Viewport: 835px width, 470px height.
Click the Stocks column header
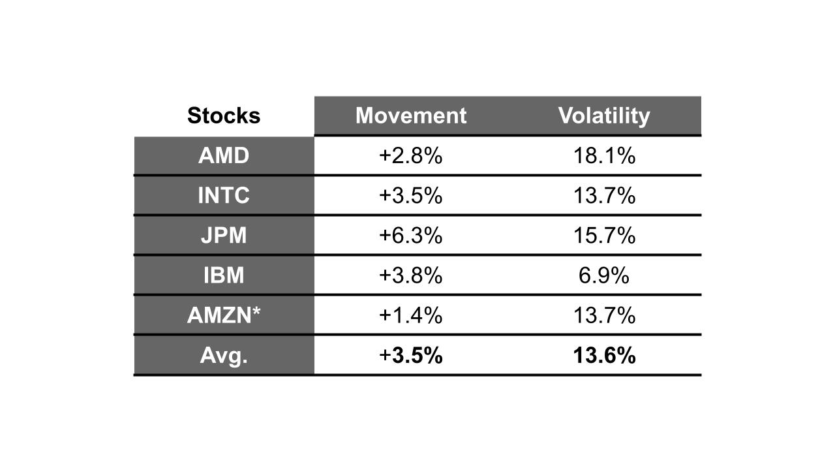(x=224, y=116)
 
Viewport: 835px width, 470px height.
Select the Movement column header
(x=411, y=116)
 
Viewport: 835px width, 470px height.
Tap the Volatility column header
(x=604, y=116)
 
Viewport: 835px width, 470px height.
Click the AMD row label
(x=224, y=156)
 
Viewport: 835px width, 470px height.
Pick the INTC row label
(x=224, y=196)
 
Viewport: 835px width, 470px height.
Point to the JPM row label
(x=224, y=236)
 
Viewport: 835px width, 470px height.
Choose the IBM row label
(x=224, y=275)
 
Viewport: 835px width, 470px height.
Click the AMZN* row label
(x=224, y=315)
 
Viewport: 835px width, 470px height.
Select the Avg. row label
(x=224, y=356)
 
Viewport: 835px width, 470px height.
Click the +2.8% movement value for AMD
(x=411, y=156)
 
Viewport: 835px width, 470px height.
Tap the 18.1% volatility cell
(x=604, y=156)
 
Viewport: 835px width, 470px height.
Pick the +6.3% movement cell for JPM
(x=411, y=236)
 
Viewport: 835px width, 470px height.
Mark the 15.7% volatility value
(x=604, y=236)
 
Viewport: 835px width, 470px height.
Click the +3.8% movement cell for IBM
(x=411, y=275)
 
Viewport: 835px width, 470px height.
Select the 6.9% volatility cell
(x=604, y=275)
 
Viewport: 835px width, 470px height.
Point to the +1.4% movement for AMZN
(x=411, y=315)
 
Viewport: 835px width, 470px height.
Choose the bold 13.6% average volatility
(x=604, y=356)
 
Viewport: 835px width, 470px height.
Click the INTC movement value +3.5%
(x=411, y=196)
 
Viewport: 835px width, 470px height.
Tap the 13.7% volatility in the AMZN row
(x=604, y=315)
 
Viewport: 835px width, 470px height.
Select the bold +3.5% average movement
(x=411, y=356)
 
